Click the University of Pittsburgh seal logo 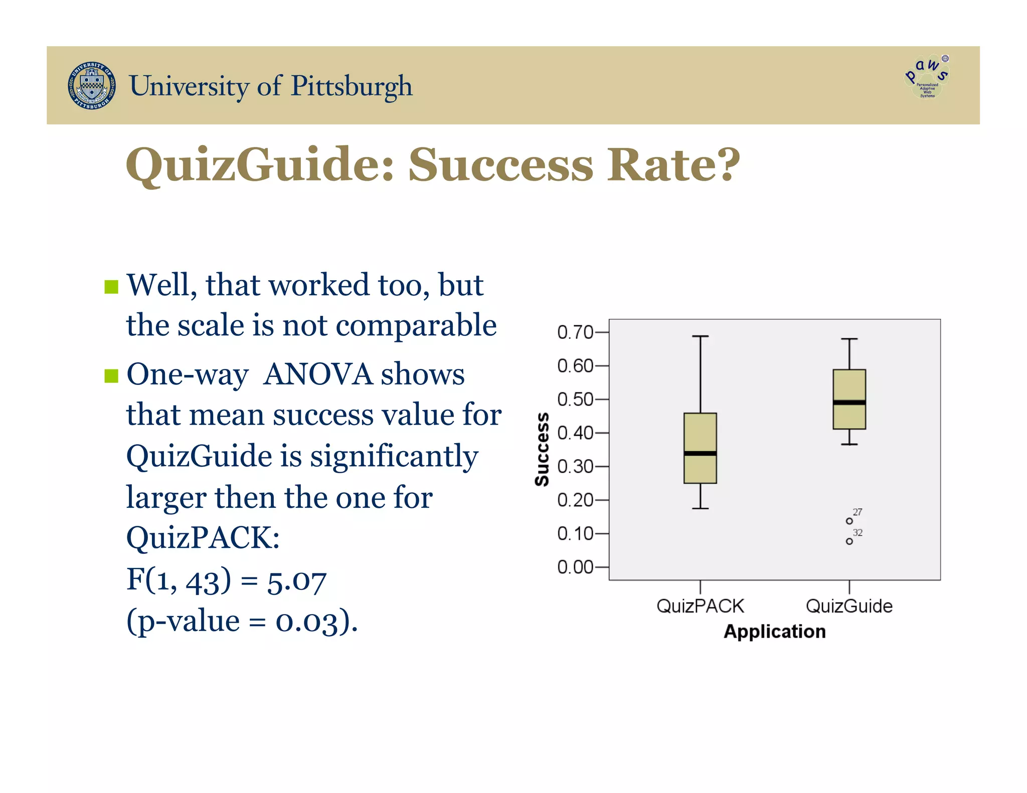[92, 86]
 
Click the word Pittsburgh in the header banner [352, 86]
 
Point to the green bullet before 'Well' [111, 287]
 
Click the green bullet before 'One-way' [111, 375]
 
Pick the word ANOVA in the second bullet [318, 374]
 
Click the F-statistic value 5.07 [296, 581]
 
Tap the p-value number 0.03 [306, 622]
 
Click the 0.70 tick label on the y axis [575, 332]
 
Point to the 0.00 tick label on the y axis [575, 567]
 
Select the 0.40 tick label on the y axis [575, 433]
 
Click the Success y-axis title [542, 449]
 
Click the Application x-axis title [774, 632]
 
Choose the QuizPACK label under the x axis [700, 606]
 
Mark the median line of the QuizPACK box [700, 454]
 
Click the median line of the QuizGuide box [849, 403]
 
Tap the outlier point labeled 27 [849, 521]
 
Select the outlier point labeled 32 [849, 541]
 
